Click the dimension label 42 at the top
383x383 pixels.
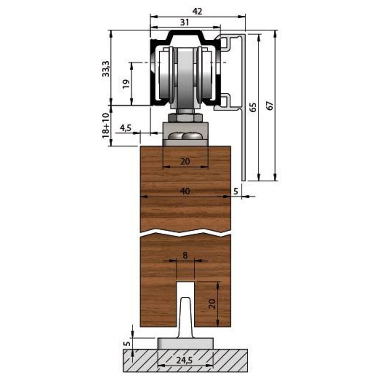point(197,11)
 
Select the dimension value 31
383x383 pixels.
point(185,22)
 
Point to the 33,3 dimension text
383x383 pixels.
point(106,69)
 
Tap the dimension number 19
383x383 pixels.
point(126,84)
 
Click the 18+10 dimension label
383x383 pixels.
point(106,125)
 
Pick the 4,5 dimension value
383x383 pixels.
point(126,128)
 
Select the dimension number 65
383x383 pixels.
point(253,107)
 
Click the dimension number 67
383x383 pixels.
point(270,106)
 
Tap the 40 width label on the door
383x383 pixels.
point(185,191)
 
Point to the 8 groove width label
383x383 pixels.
point(185,255)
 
